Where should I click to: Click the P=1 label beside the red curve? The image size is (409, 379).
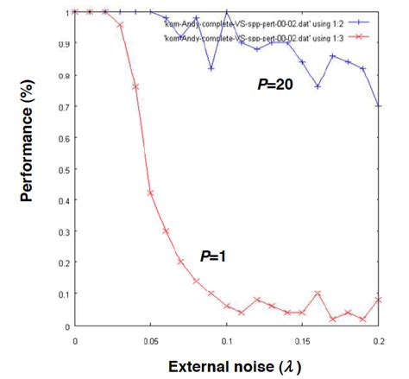(x=213, y=256)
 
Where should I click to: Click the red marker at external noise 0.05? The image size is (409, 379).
(x=150, y=193)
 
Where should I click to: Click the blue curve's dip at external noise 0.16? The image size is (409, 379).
(x=318, y=87)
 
